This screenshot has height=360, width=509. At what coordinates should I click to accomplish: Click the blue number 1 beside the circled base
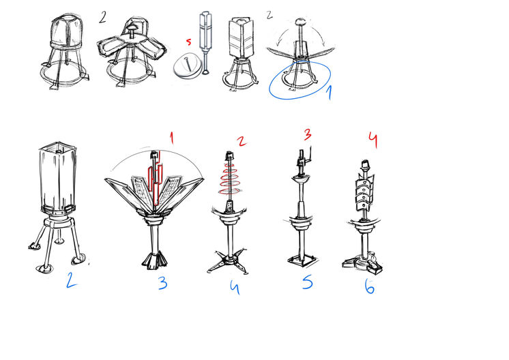tap(329, 93)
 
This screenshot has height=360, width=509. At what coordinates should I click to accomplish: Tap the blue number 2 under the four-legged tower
tap(71, 280)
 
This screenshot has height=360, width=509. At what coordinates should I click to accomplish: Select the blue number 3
tap(163, 283)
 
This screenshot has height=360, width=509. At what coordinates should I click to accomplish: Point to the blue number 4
tap(235, 286)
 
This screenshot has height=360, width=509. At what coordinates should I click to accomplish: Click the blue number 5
tap(307, 282)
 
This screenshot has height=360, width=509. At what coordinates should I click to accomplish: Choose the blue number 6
tap(369, 286)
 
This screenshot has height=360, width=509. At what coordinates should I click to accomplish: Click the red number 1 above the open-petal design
tap(172, 138)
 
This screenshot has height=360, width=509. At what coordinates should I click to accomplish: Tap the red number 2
tap(242, 141)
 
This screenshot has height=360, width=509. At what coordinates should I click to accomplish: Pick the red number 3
tap(308, 135)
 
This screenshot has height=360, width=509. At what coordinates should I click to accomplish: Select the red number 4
tap(373, 140)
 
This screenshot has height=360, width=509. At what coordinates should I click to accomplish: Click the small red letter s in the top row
tap(188, 42)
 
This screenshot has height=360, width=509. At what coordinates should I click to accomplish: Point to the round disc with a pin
tap(186, 66)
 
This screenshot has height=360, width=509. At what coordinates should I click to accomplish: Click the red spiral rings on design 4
tap(230, 179)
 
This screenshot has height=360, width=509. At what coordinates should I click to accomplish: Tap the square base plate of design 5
tap(302, 260)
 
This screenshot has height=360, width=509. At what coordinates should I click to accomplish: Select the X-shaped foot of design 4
tap(228, 260)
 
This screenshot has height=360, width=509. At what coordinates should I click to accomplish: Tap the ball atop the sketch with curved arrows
tap(300, 22)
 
